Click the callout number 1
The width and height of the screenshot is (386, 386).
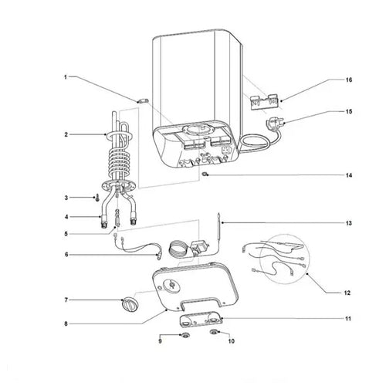click(x=66, y=77)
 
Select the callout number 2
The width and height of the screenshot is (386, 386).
click(x=66, y=134)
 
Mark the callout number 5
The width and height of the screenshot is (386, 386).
click(x=66, y=234)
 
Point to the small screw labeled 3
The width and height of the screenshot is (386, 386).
click(x=96, y=198)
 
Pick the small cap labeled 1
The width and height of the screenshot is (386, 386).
click(x=142, y=99)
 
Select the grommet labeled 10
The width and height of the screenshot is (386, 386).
click(x=215, y=334)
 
